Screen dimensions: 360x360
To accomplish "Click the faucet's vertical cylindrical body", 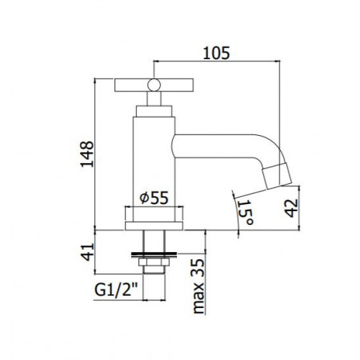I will pyautogui.click(x=153, y=160).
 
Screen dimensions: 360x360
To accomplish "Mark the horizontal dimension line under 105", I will pyautogui.click(x=215, y=62).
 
